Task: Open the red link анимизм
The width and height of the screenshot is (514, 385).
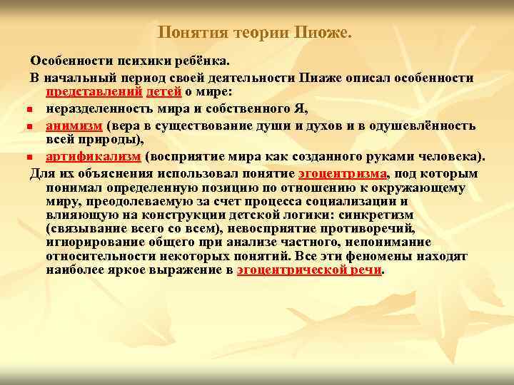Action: click(x=74, y=125)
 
